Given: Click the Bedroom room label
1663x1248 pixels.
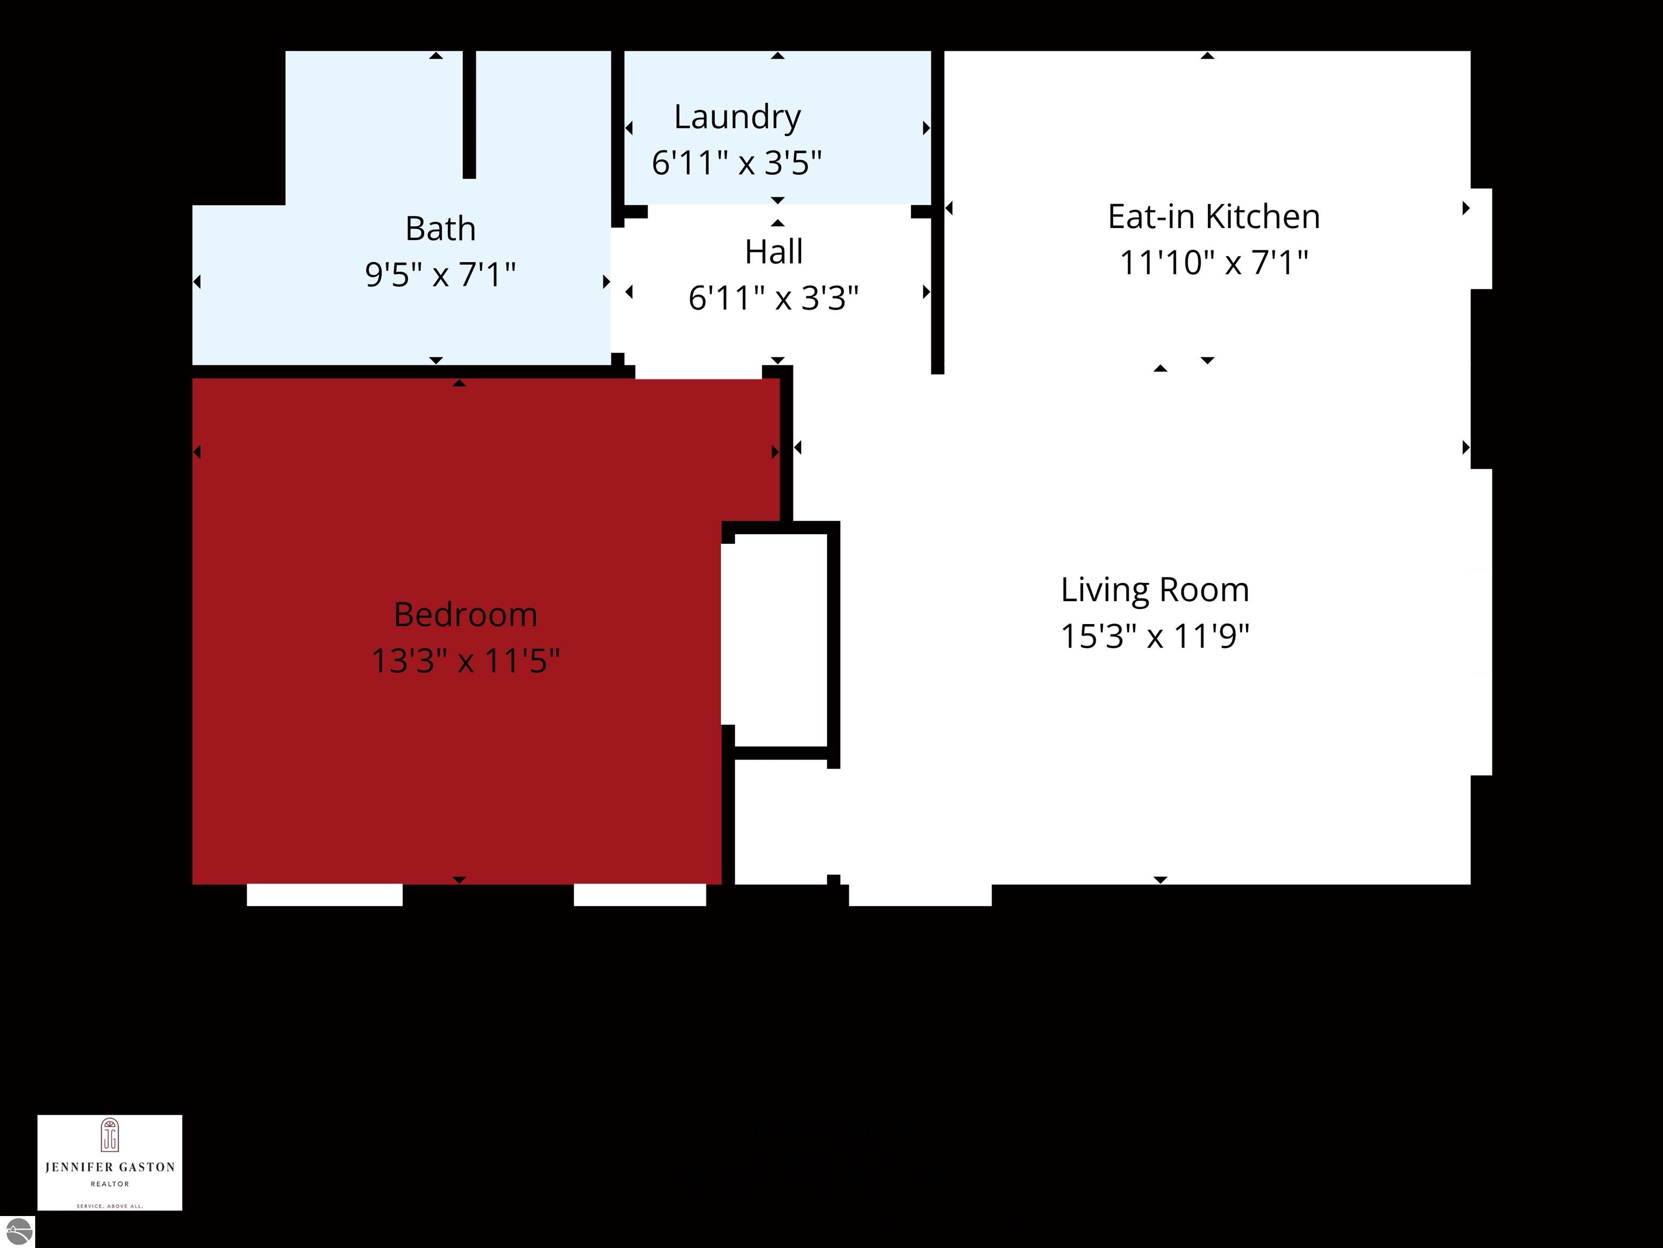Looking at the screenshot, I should [x=466, y=615].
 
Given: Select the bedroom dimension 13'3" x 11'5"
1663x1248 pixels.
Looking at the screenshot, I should [x=466, y=661].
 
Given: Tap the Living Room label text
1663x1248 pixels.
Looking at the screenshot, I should [x=1155, y=590].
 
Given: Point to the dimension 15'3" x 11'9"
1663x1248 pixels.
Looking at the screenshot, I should [x=1155, y=636].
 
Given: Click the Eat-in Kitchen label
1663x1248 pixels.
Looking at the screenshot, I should [x=1214, y=217].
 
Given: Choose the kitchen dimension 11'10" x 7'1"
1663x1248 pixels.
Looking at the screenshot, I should [x=1214, y=263].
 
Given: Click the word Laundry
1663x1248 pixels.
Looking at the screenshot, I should [x=737, y=116].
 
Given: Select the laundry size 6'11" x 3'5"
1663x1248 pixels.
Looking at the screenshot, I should [x=737, y=163].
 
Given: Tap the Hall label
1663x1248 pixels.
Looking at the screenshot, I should [x=774, y=252].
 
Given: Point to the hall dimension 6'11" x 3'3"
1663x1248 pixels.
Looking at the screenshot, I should [x=774, y=298].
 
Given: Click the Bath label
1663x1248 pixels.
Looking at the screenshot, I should [x=441, y=229].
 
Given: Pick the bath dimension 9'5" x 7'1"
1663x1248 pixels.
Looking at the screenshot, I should [x=441, y=275].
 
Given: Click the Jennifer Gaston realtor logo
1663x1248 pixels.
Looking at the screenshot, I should [x=110, y=1162].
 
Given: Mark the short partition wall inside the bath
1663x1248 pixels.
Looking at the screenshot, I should [x=469, y=114].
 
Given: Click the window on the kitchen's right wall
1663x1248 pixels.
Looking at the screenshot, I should [x=1481, y=239].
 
